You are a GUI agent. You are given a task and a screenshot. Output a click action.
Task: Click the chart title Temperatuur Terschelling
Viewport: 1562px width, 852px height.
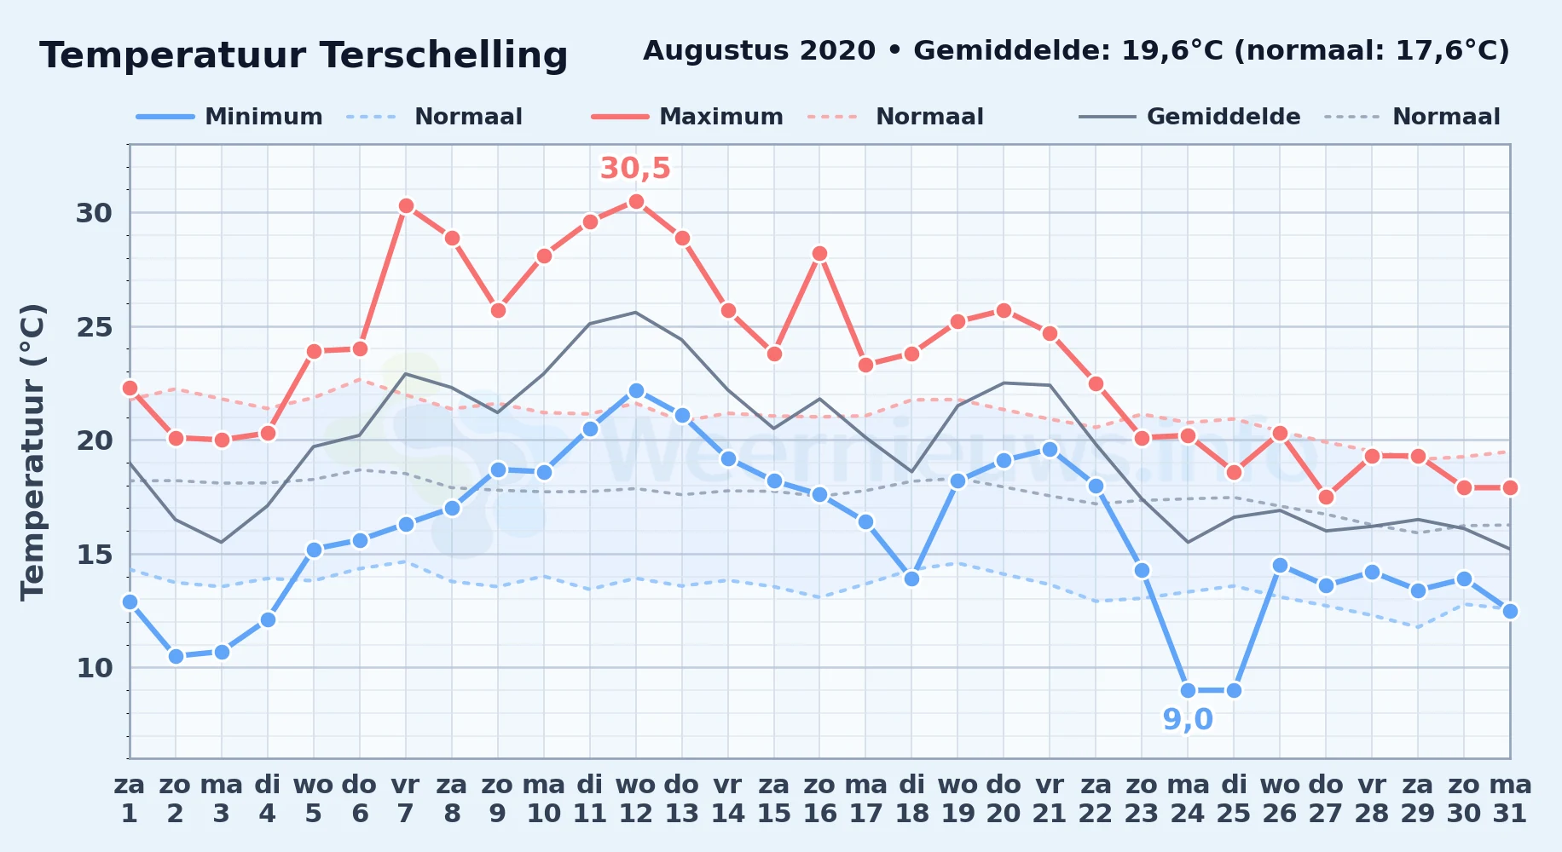tap(304, 55)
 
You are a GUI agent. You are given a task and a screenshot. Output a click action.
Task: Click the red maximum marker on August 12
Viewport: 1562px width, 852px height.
tap(636, 201)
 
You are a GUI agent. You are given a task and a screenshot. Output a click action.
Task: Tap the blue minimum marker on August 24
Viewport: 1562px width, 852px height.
tap(1188, 690)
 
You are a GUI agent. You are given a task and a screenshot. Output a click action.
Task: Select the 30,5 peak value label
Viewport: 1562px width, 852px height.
tap(636, 168)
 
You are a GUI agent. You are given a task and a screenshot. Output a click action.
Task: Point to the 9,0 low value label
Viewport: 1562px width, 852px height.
tap(1188, 720)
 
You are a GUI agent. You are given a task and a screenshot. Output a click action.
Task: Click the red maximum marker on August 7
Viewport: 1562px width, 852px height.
tap(406, 205)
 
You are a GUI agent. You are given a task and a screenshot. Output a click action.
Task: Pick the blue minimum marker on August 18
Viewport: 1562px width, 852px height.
tap(911, 579)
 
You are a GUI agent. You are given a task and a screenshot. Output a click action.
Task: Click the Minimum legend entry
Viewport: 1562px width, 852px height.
tap(229, 117)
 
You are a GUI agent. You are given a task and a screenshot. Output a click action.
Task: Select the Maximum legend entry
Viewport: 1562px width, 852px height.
tap(687, 117)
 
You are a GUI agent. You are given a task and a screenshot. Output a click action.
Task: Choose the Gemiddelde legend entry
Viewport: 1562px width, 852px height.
tap(1190, 117)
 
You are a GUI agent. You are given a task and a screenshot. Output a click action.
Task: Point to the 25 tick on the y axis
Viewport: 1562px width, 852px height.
tap(94, 326)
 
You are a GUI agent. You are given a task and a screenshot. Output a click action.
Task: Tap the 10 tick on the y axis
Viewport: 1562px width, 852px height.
tap(94, 668)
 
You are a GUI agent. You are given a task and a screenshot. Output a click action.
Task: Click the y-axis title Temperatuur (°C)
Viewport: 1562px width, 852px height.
tap(32, 452)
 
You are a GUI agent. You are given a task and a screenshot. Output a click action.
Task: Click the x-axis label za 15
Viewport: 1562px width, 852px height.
tap(774, 798)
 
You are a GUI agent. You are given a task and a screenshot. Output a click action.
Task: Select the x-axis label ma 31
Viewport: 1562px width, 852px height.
tap(1510, 798)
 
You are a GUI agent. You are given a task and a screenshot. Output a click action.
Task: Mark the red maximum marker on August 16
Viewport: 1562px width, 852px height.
tap(819, 253)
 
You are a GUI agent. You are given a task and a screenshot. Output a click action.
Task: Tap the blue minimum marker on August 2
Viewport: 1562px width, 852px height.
tap(176, 656)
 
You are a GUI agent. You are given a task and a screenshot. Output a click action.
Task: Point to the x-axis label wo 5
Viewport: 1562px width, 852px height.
tap(314, 798)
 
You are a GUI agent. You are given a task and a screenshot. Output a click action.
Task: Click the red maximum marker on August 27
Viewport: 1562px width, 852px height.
tap(1326, 497)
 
